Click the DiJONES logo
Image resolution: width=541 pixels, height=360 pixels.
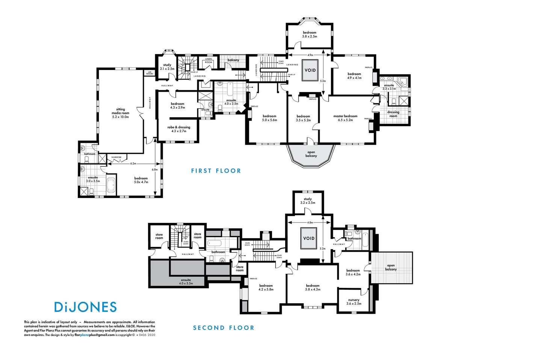point(85,307)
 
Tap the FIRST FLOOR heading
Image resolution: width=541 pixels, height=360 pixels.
point(216,171)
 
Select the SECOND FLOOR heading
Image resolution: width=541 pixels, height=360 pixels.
point(224,328)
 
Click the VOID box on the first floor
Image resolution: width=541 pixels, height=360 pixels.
point(310,70)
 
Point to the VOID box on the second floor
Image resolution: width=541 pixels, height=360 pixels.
point(309,238)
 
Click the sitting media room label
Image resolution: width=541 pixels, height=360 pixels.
point(120,113)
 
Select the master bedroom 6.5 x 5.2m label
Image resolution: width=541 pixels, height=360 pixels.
point(345,118)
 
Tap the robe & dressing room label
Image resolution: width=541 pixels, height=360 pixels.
point(179,129)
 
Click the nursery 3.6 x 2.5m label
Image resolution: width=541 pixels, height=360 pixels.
point(354,301)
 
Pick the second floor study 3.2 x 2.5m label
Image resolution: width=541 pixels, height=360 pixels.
point(308,201)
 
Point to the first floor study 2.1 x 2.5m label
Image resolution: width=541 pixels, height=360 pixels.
point(167,67)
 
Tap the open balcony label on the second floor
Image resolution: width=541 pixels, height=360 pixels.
point(391,267)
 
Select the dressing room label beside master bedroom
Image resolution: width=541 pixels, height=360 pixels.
point(393,114)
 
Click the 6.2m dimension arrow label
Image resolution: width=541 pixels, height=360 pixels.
point(133,163)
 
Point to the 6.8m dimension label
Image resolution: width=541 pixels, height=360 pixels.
point(155,169)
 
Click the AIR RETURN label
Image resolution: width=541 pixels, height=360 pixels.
point(150,73)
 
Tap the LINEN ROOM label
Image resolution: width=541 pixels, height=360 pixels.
point(209,61)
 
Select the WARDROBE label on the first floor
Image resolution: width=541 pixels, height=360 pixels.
point(116,157)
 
